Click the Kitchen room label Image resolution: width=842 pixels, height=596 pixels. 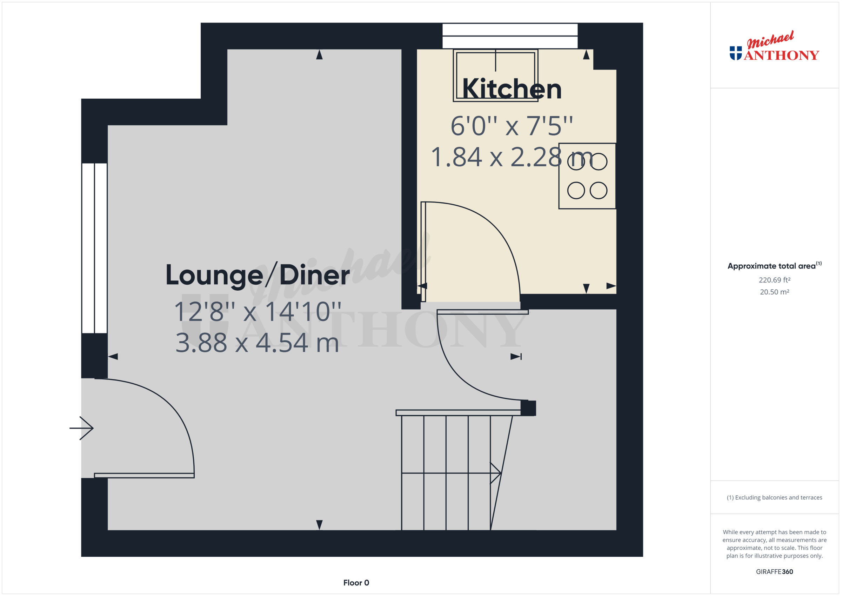pos(512,89)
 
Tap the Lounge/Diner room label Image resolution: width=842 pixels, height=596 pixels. pos(258,275)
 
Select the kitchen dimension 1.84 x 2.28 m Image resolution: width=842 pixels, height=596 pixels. pos(512,157)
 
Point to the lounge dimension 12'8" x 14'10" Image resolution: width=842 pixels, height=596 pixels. pos(258,312)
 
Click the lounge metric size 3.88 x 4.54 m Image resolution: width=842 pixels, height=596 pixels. pos(257,343)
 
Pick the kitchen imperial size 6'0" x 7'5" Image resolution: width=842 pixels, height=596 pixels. pos(512,126)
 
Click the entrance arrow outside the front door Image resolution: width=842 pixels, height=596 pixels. pos(81,428)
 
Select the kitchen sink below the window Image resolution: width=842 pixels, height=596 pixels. pos(495,75)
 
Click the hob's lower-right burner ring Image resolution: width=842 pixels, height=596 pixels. pos(598,191)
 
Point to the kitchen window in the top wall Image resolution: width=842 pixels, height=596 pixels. pos(510,36)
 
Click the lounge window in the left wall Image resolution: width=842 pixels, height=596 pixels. pos(95,248)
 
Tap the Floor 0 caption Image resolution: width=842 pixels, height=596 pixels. pos(356,583)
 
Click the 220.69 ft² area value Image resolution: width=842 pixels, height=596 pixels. pos(775,280)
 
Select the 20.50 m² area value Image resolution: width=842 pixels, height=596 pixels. pos(775,292)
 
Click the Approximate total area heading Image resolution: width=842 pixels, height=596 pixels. pos(775,266)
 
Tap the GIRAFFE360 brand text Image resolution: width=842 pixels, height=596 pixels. pos(775,571)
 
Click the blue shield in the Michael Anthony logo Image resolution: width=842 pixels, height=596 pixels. pos(736,53)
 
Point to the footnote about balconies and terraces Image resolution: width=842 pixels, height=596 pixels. pos(775,497)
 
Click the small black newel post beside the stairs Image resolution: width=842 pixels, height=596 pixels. pos(528,408)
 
